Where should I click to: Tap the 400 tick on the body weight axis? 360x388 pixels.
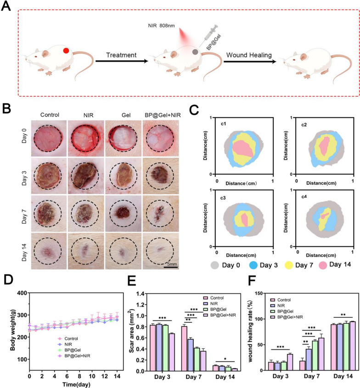click(x=22, y=293)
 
